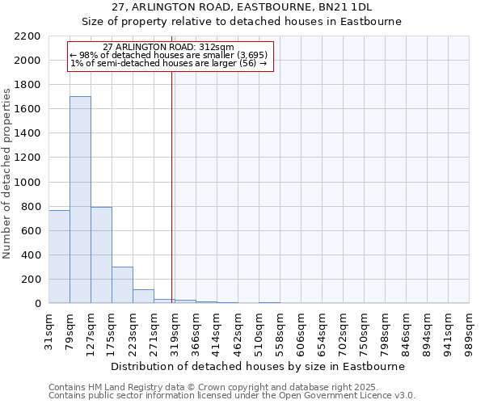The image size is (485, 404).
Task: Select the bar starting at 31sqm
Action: [x=59, y=256]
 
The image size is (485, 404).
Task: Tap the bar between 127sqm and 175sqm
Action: [x=101, y=255]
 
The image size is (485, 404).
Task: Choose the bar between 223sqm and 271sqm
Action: [x=143, y=296]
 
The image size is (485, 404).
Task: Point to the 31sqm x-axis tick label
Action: [x=49, y=329]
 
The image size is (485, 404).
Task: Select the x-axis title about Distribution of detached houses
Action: [x=257, y=366]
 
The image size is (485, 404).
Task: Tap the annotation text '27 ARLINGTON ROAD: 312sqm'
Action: [x=168, y=48]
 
